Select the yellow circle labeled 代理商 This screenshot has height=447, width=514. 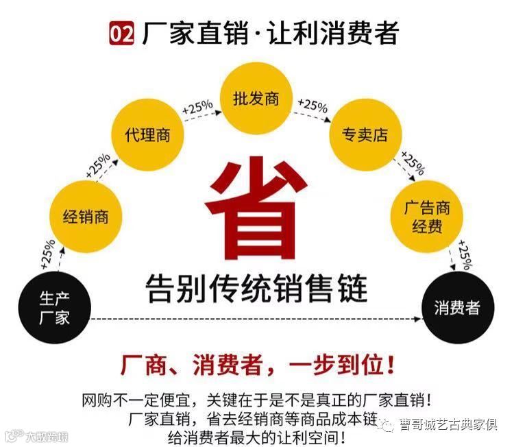point(146,134)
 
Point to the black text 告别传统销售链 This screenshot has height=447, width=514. point(257,287)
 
